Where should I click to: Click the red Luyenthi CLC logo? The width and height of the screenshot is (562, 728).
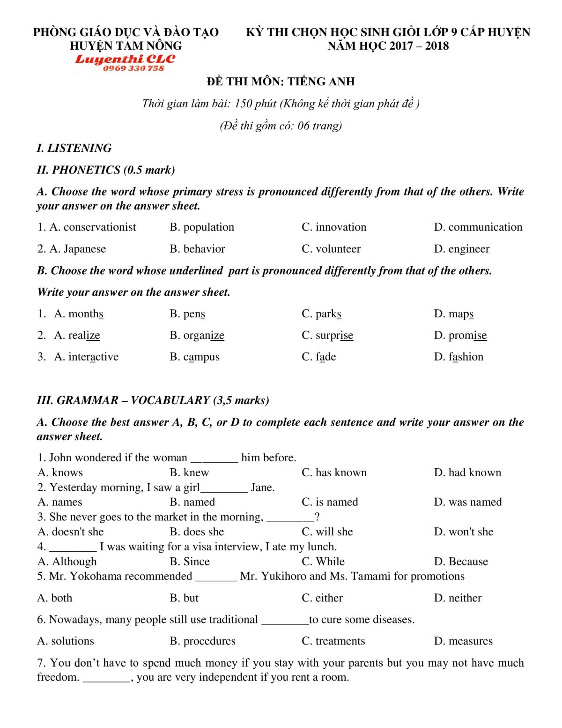point(125,59)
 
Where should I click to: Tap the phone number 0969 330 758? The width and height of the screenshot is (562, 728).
point(133,68)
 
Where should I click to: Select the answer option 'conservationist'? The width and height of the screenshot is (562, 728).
point(100,227)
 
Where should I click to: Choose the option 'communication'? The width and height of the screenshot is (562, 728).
point(485,227)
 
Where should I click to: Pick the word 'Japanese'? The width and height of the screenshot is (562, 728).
point(84,249)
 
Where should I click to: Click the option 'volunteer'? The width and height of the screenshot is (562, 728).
point(338,249)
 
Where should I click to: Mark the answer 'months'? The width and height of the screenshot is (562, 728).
point(86,314)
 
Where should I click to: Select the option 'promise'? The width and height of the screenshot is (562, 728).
point(467,336)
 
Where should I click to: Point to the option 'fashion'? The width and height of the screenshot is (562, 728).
point(466,357)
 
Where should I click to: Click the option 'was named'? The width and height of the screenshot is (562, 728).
point(475,502)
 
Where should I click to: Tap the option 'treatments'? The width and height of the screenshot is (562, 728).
point(340,641)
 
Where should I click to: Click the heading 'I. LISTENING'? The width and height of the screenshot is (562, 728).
point(74,148)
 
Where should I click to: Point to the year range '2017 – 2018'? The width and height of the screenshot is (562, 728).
point(419,46)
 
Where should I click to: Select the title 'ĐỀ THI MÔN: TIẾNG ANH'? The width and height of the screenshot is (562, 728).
point(281,82)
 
